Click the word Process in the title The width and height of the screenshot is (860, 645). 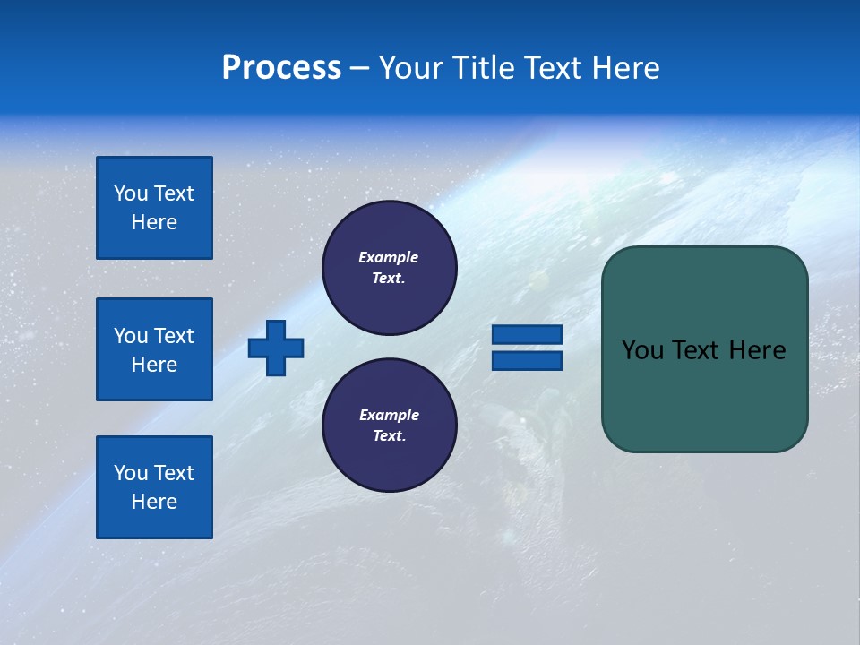(281, 68)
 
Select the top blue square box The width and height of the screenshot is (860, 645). (154, 208)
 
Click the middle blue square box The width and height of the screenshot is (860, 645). (154, 349)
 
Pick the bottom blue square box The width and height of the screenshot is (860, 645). (154, 487)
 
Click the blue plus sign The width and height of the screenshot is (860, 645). (276, 348)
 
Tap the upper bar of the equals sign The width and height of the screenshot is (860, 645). (527, 335)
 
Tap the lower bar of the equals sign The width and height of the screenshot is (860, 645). (527, 360)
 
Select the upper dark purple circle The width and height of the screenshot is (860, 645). (390, 268)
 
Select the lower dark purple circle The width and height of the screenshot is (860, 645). (390, 426)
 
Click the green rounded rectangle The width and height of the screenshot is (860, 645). (704, 349)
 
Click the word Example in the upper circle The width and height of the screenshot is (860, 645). (389, 257)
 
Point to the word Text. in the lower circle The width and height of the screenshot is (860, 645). (389, 436)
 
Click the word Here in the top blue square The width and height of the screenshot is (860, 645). (154, 222)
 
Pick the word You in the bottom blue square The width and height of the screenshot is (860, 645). (131, 473)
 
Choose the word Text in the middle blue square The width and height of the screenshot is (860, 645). (174, 336)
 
